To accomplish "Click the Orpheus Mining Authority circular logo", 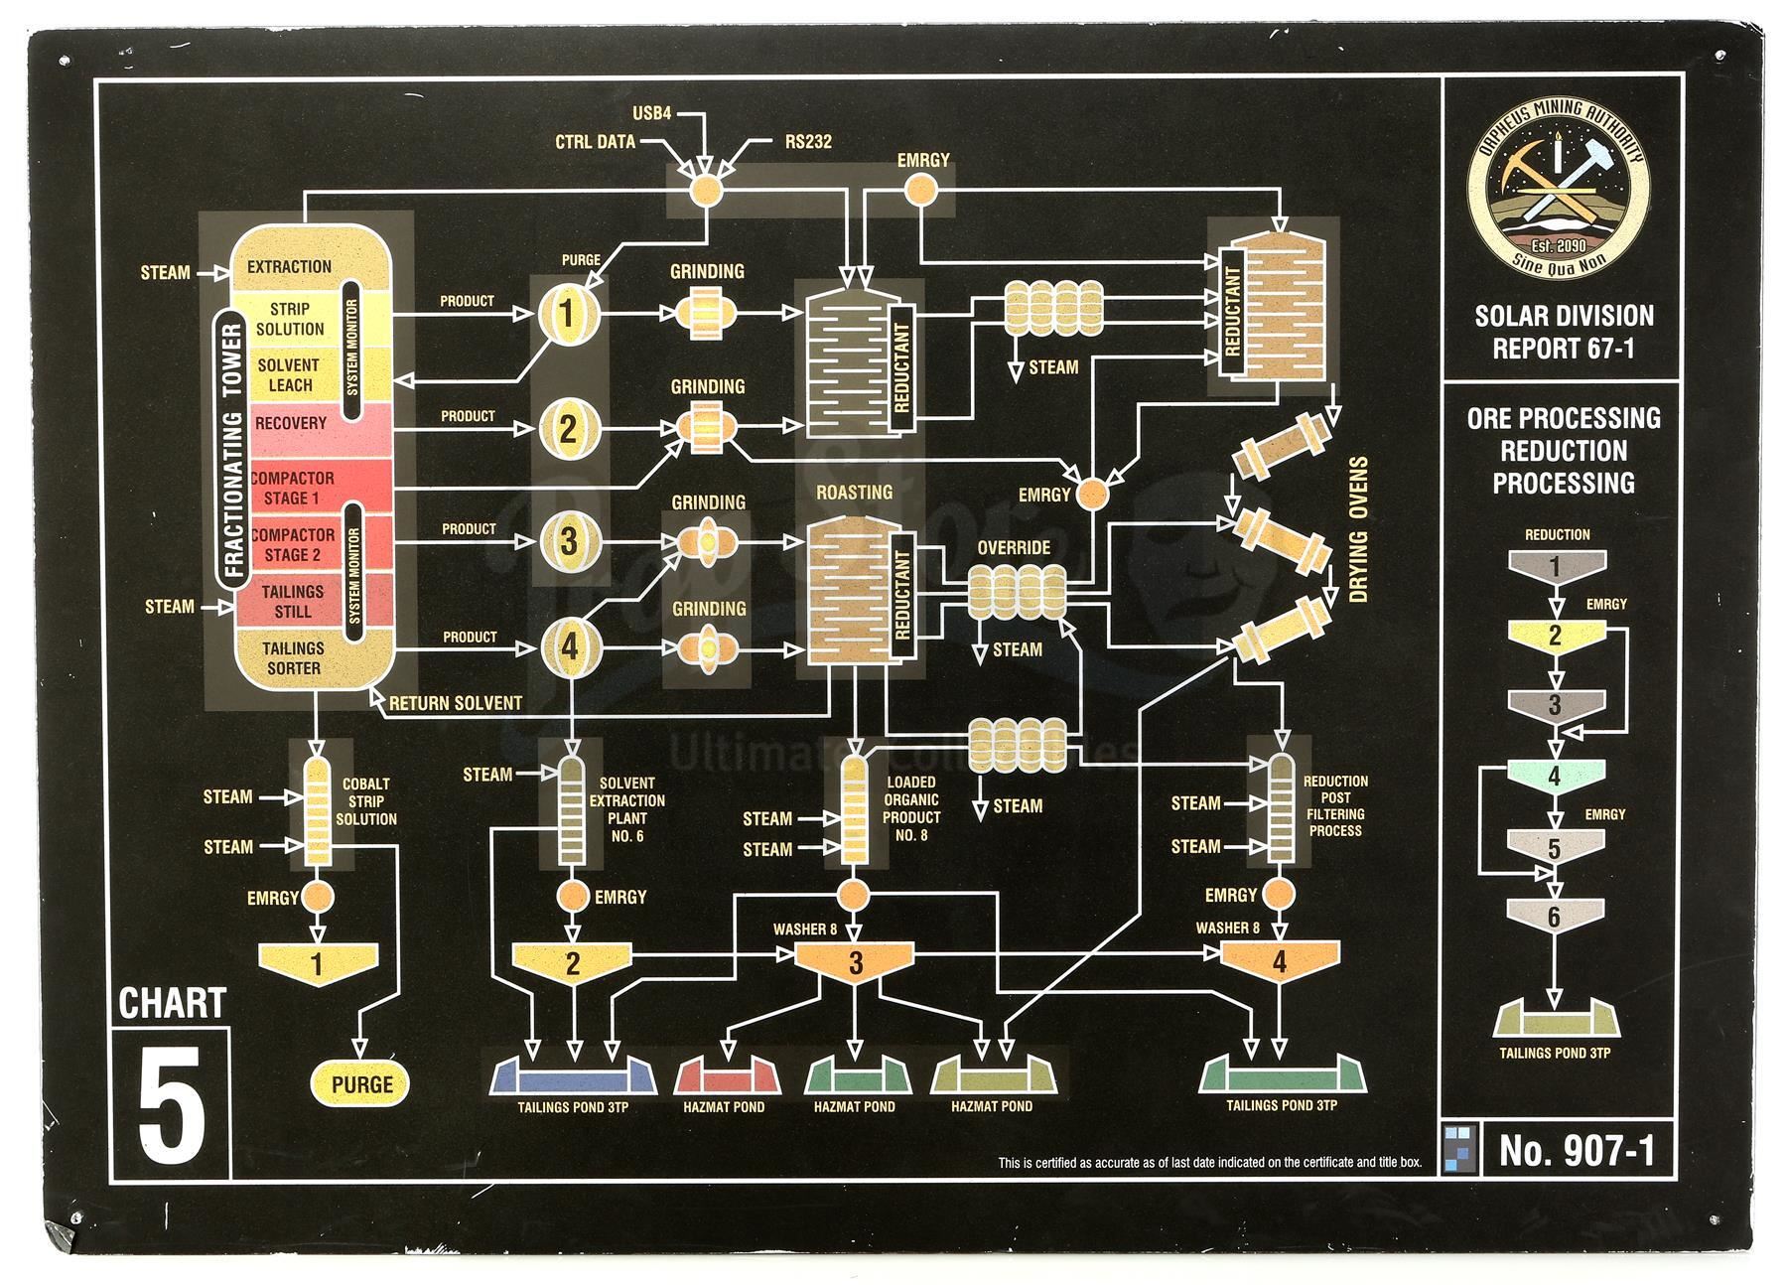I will [1559, 198].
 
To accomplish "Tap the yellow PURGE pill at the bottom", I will [361, 1084].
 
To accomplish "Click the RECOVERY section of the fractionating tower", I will [291, 424].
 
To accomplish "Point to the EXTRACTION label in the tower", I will [289, 266].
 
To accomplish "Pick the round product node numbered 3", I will [568, 542].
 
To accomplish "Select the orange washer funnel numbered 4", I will [1279, 960].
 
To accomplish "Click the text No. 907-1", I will [1577, 1151].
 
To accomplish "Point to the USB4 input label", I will [652, 113].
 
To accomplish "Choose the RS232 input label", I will [808, 142].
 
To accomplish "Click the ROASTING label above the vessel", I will [854, 493].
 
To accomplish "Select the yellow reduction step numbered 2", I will [1555, 636].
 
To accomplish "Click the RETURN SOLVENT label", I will [455, 703].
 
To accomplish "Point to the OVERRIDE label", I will [1014, 548].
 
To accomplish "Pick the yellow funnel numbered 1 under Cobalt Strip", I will [318, 961].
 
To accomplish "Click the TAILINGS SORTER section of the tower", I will [293, 658].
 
